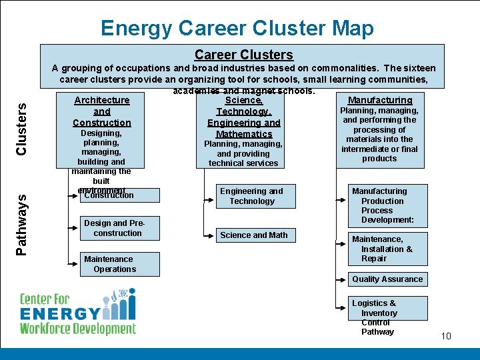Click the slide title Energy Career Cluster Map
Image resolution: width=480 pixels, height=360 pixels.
[x=237, y=28]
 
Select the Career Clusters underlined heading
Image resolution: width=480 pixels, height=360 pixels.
[x=243, y=55]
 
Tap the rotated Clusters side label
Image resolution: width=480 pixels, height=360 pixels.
[x=21, y=128]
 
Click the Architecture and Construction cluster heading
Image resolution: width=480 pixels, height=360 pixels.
[x=102, y=111]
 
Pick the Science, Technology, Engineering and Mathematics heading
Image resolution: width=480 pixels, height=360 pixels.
[x=243, y=117]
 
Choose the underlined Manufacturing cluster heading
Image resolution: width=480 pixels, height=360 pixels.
[x=380, y=100]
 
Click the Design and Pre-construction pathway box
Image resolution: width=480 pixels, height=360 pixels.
[x=118, y=228]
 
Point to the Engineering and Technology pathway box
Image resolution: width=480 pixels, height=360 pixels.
[x=251, y=196]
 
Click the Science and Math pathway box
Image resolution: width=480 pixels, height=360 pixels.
[x=254, y=235]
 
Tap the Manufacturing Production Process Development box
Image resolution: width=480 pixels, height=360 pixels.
[x=389, y=205]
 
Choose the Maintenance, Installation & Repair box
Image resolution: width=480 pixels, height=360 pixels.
[x=389, y=249]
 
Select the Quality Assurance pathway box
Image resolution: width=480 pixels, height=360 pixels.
[x=387, y=279]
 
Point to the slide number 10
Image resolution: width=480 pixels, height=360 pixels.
[x=446, y=336]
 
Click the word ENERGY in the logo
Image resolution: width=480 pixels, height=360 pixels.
[x=60, y=313]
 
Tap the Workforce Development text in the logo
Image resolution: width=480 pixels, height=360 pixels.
[x=77, y=329]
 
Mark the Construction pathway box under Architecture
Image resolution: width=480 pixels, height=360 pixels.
[x=118, y=195]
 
